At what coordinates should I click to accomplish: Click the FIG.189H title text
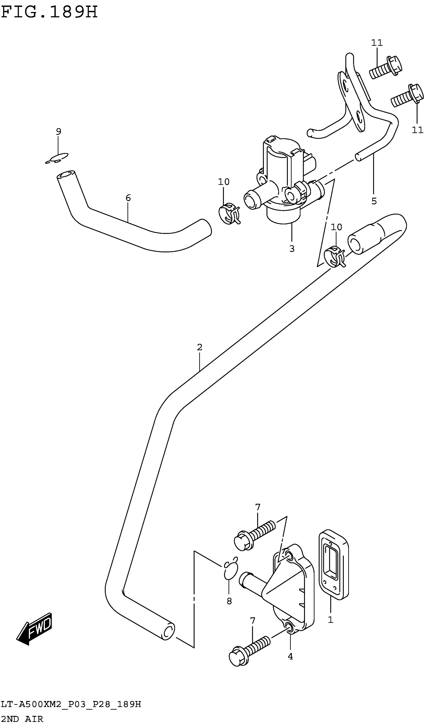click(49, 12)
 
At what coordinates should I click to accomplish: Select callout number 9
click(59, 132)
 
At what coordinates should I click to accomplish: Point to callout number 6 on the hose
click(128, 198)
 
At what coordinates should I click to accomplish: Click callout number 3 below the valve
click(292, 248)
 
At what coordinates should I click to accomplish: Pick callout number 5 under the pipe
click(374, 201)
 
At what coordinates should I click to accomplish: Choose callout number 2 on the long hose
click(200, 347)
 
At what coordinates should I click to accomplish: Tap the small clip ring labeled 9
click(57, 158)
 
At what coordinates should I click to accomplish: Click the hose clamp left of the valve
click(229, 214)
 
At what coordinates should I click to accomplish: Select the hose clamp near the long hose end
click(334, 256)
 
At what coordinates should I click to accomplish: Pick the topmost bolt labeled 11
click(386, 67)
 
